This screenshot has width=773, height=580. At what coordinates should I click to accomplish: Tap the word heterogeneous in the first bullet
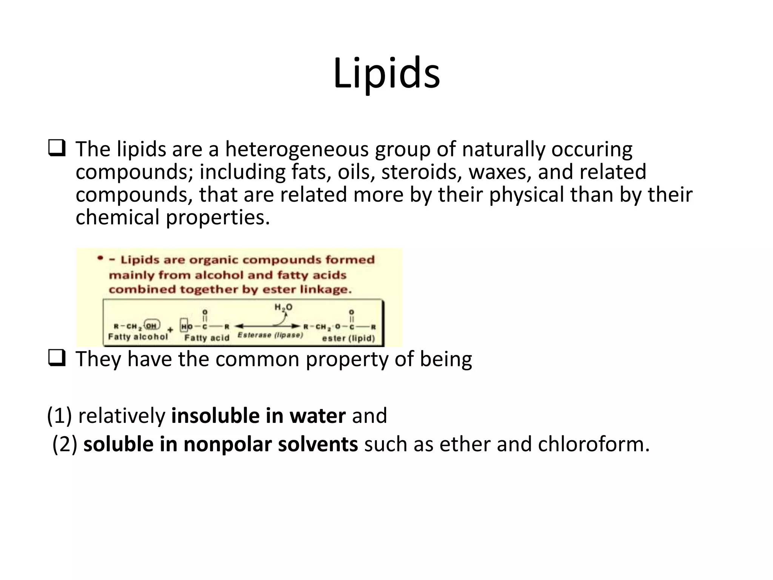tap(297, 150)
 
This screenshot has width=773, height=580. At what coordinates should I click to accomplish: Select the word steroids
tap(422, 172)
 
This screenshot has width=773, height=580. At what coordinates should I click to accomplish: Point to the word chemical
tap(117, 218)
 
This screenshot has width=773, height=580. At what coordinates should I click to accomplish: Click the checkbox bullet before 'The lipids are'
tap(57, 148)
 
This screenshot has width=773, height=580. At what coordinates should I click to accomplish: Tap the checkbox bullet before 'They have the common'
tap(57, 358)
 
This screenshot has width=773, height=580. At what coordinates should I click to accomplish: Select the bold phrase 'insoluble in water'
tap(258, 416)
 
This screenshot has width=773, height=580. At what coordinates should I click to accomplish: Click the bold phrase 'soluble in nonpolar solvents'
tap(220, 444)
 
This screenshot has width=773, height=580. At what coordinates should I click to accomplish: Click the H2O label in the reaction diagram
tap(283, 308)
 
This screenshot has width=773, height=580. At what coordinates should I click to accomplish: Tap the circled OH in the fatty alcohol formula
tap(152, 325)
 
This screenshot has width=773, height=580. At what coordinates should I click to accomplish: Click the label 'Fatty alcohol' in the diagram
tap(138, 337)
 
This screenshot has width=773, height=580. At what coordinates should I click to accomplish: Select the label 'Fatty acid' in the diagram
tap(206, 338)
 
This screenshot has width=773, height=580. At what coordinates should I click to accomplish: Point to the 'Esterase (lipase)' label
tap(270, 335)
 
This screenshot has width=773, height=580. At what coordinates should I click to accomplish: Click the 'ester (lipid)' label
tap(348, 338)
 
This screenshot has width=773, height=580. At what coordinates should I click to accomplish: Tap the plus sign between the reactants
tap(170, 330)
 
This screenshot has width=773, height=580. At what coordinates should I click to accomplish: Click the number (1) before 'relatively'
tap(59, 416)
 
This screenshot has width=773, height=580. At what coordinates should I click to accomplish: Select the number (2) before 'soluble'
tap(65, 444)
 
